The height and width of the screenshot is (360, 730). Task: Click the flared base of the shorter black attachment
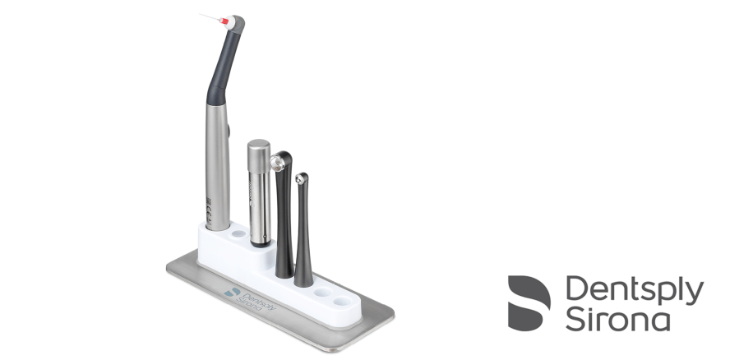coord(303,277)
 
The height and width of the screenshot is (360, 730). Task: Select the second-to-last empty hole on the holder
coord(324,293)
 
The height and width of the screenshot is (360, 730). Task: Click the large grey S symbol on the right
coord(529,302)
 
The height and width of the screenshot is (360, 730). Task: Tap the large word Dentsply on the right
coord(635,290)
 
